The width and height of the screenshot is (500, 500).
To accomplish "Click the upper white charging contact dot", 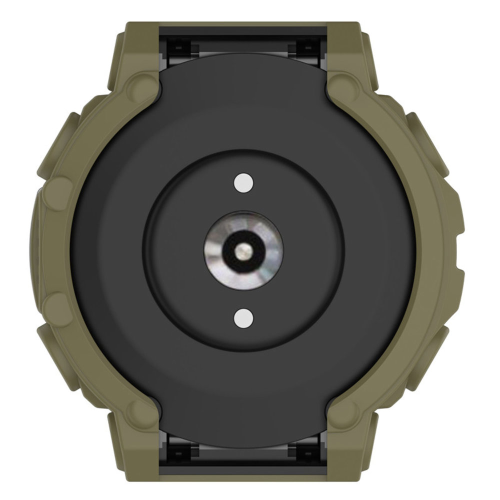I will click(x=243, y=183).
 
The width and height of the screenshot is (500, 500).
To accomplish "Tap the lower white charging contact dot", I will click(x=243, y=317).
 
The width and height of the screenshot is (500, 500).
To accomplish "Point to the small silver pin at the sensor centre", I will click(x=243, y=249).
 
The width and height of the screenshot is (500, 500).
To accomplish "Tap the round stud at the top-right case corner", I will click(x=344, y=81).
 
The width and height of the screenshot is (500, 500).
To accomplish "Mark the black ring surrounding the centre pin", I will click(x=243, y=239).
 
